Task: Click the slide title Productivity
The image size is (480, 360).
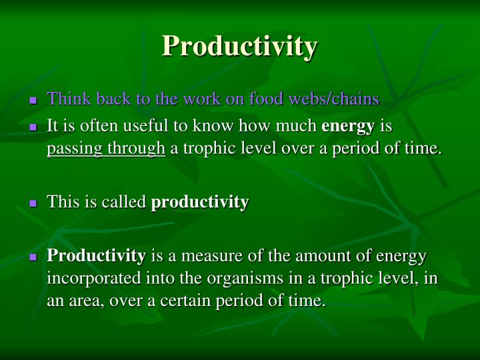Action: [240, 46]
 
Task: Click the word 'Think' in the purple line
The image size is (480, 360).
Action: [65, 99]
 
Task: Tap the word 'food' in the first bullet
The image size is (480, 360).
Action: [265, 99]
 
